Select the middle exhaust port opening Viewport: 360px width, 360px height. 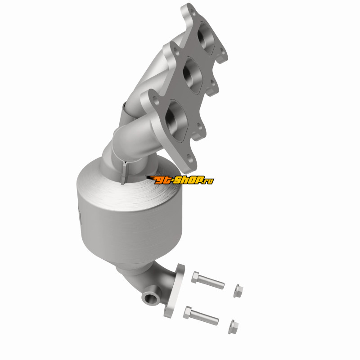[193, 75]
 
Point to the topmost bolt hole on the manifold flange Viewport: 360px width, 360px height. [193, 13]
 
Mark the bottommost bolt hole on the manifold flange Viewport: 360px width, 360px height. [190, 158]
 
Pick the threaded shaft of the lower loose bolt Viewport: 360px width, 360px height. [205, 317]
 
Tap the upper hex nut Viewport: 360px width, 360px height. [238, 291]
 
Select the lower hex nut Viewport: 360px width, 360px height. [233, 327]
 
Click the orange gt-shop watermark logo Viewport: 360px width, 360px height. [180, 180]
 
